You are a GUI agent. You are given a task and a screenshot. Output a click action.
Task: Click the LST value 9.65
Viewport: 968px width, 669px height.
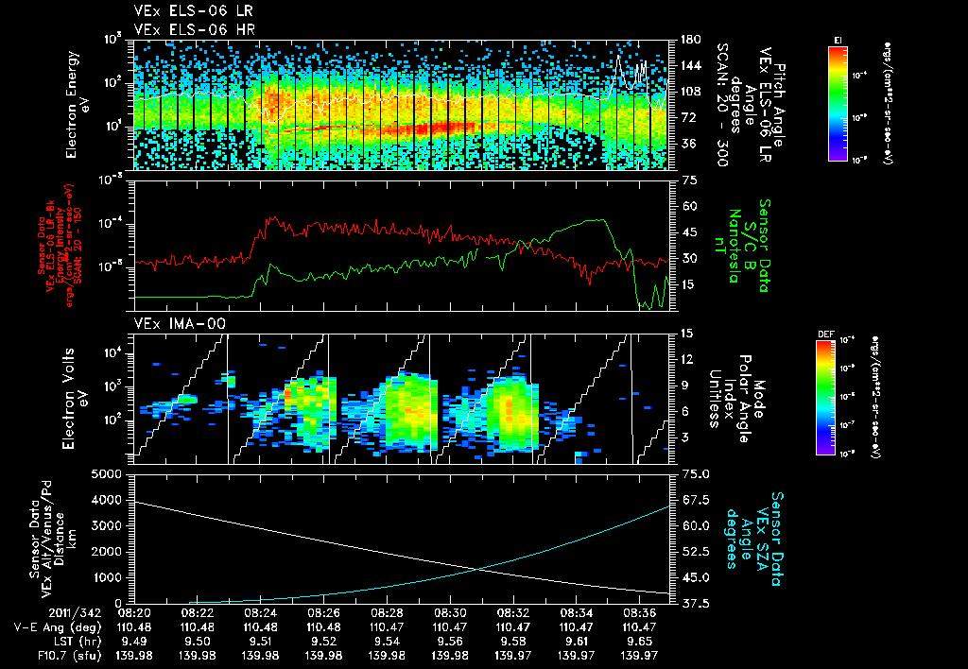pyautogui.click(x=635, y=641)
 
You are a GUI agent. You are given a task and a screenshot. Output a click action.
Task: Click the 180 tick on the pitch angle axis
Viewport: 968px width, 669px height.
pyautogui.click(x=688, y=40)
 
